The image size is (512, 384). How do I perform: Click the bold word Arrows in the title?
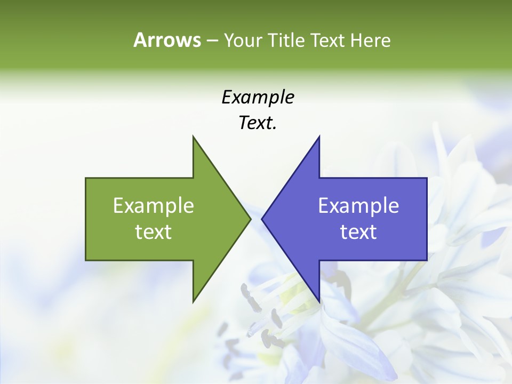[x=167, y=40]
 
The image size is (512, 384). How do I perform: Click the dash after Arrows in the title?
[x=212, y=41]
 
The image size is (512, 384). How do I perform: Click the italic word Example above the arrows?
[x=258, y=97]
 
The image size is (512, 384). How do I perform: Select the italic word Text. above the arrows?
[x=258, y=123]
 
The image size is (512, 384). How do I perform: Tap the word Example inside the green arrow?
[x=154, y=205]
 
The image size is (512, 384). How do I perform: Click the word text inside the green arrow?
[x=154, y=232]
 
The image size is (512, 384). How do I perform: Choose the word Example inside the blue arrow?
[x=358, y=205]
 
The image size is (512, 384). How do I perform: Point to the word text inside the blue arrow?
[x=358, y=232]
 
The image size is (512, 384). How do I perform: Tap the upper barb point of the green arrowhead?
[x=193, y=137]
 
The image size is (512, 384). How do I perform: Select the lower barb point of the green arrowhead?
[x=193, y=302]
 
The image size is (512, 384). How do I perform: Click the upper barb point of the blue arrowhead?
[x=319, y=137]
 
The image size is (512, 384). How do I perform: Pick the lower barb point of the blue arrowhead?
[x=319, y=302]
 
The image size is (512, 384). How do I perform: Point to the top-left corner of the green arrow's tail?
[x=86, y=178]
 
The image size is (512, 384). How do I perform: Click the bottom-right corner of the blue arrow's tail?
[x=427, y=260]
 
